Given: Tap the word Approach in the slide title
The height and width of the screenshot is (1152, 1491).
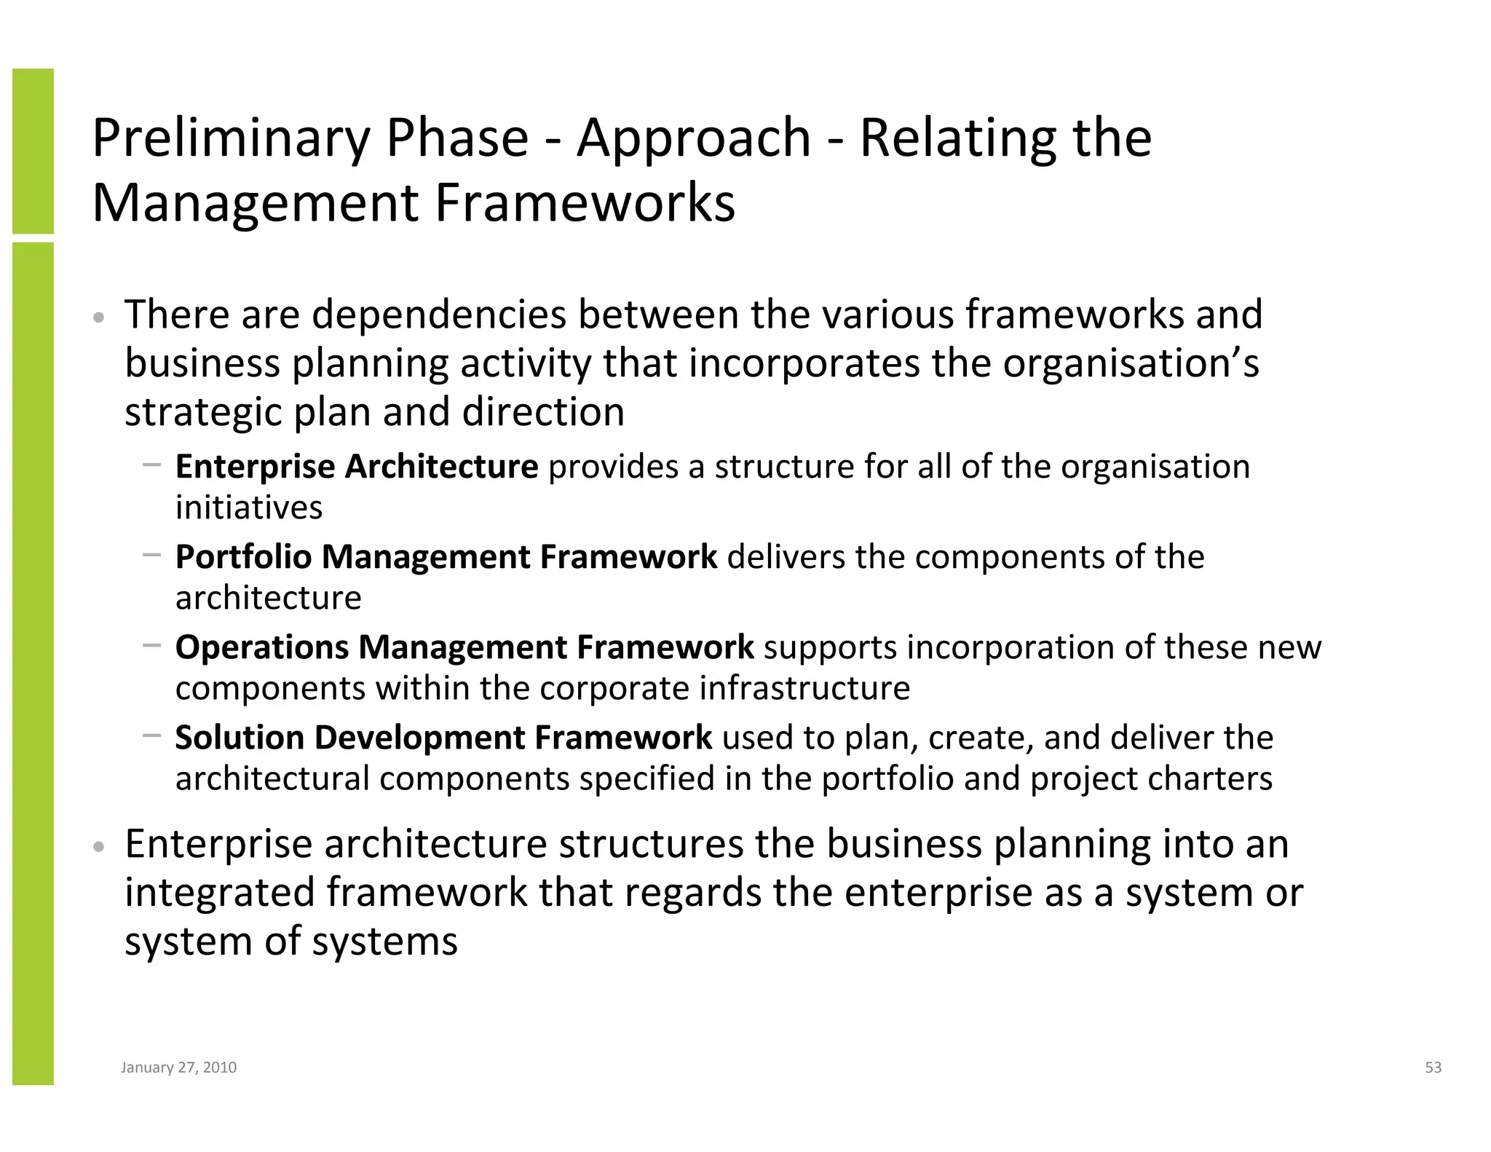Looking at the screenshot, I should point(693,139).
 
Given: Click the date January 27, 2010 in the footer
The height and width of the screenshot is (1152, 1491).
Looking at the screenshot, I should point(178,1068).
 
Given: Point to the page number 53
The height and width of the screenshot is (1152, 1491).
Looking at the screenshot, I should point(1433,1068).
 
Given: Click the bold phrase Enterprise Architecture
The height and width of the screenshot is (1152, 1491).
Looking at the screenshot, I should point(357,467).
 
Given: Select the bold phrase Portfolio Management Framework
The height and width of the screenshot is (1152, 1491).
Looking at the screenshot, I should point(446,557).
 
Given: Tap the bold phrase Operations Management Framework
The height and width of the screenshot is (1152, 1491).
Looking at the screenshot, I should point(464,647).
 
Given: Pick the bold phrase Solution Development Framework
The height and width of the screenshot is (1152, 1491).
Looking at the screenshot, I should point(443,738).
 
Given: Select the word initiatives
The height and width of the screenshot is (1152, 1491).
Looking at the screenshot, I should point(249,508).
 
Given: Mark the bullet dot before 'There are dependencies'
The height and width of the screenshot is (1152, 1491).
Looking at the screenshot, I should point(100,318).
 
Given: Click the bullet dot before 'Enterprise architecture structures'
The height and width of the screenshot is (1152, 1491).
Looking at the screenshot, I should point(100,848).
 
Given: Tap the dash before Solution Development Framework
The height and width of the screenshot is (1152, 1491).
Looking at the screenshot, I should point(152,735).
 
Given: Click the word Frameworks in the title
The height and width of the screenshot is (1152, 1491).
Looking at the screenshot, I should point(585,203).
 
